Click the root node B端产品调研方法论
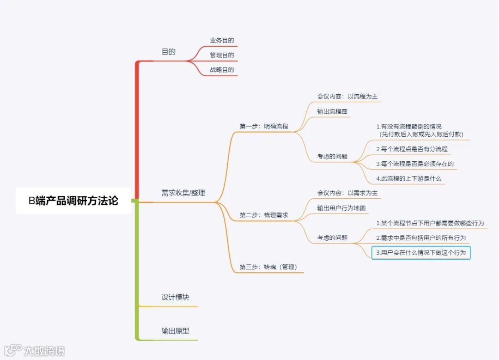pyautogui.click(x=73, y=201)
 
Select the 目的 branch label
pyautogui.click(x=169, y=52)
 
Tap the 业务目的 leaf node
pyautogui.click(x=222, y=41)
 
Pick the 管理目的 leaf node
pyautogui.click(x=222, y=55)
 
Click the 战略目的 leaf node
pyautogui.click(x=222, y=70)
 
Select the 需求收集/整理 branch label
pyautogui.click(x=183, y=193)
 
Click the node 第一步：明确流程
pyautogui.click(x=264, y=126)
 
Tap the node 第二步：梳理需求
pyautogui.click(x=264, y=215)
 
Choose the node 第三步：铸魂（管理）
pyautogui.click(x=268, y=267)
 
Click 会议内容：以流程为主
pyautogui.click(x=347, y=97)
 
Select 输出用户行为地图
pyautogui.click(x=341, y=208)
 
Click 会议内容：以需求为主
pyautogui.click(x=347, y=193)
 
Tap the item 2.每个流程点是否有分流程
pyautogui.click(x=412, y=149)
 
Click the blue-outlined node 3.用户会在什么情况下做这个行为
pyautogui.click(x=421, y=253)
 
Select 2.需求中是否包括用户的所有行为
pyautogui.click(x=421, y=238)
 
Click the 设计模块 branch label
pyautogui.click(x=175, y=297)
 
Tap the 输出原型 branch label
pyautogui.click(x=175, y=331)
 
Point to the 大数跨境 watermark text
pyautogui.click(x=44, y=351)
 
